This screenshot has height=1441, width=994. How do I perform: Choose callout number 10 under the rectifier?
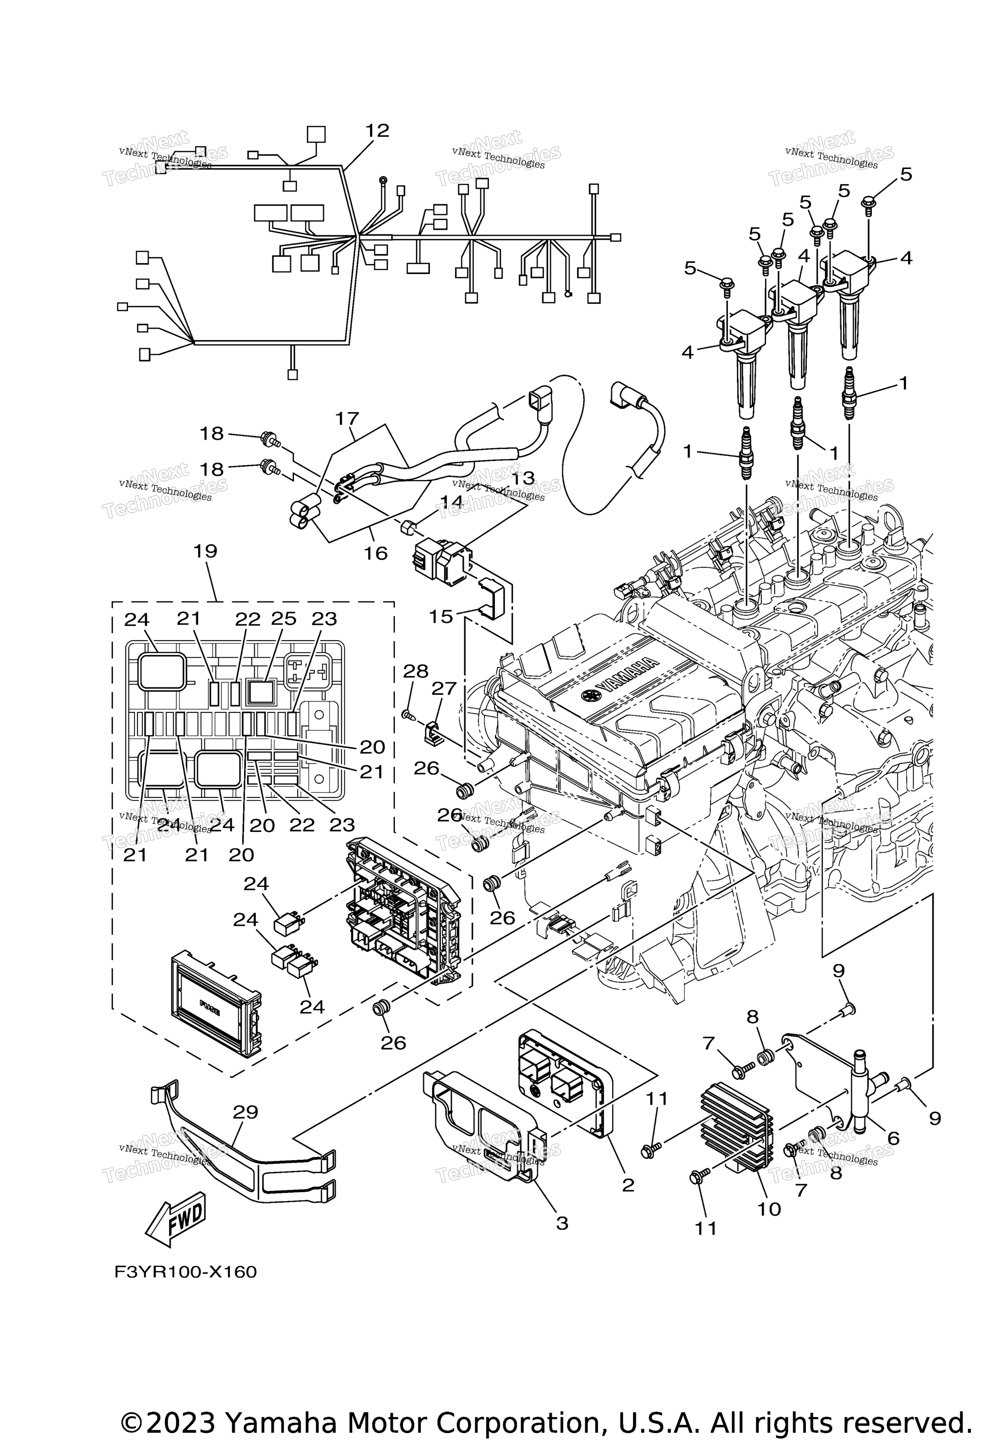769,1209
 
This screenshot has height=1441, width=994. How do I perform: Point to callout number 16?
376,553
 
